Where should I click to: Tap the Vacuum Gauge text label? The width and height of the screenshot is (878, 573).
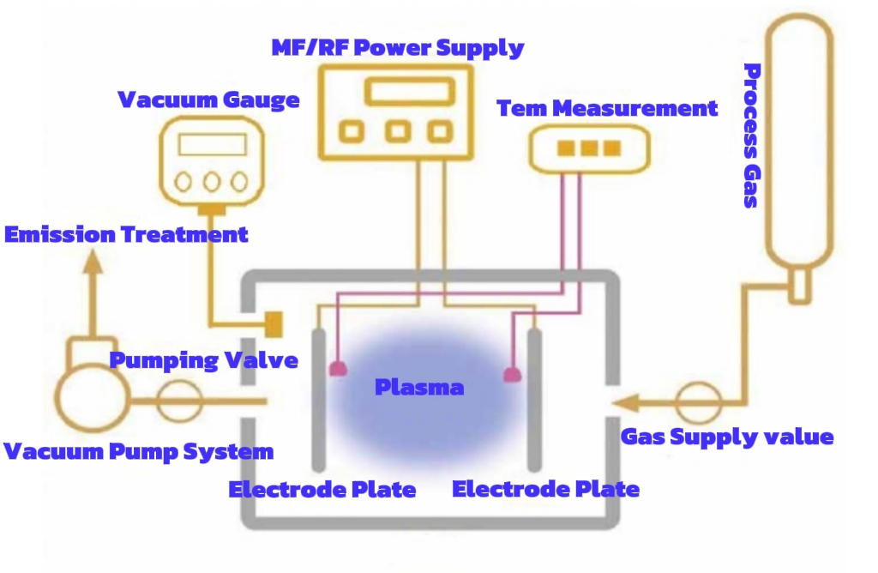(x=208, y=100)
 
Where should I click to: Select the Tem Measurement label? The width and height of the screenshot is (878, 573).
(x=607, y=108)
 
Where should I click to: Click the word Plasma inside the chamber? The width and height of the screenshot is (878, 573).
(x=419, y=387)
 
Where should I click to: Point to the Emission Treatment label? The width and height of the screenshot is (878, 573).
(x=126, y=234)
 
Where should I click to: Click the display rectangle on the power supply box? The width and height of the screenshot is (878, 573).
(x=409, y=91)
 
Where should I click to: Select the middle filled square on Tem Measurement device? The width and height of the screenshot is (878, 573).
(x=588, y=148)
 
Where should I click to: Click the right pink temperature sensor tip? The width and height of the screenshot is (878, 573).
(x=513, y=374)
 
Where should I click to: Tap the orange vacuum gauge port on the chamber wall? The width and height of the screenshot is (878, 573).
(x=274, y=323)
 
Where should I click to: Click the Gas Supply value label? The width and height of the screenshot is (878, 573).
(x=727, y=437)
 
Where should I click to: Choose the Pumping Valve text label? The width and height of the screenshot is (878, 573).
(x=203, y=359)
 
